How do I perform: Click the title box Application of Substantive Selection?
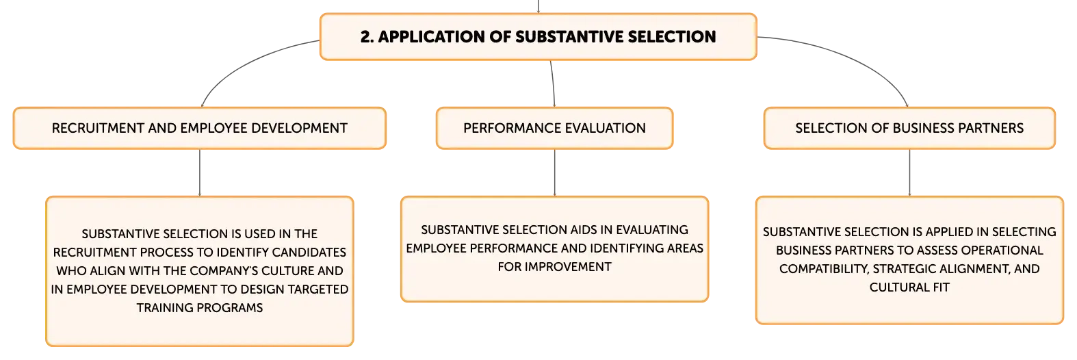pos(538,36)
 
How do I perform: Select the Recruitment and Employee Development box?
pos(200,128)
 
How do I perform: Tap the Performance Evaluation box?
pos(554,128)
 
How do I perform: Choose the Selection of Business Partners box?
pos(909,128)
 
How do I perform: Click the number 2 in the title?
pos(365,37)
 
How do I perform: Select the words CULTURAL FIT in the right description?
pos(909,287)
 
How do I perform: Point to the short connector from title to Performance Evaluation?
pos(553,83)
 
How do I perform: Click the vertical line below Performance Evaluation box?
pos(554,172)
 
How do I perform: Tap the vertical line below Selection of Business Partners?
pos(909,172)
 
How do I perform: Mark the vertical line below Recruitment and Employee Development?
pos(200,172)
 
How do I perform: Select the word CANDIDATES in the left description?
pos(309,253)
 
